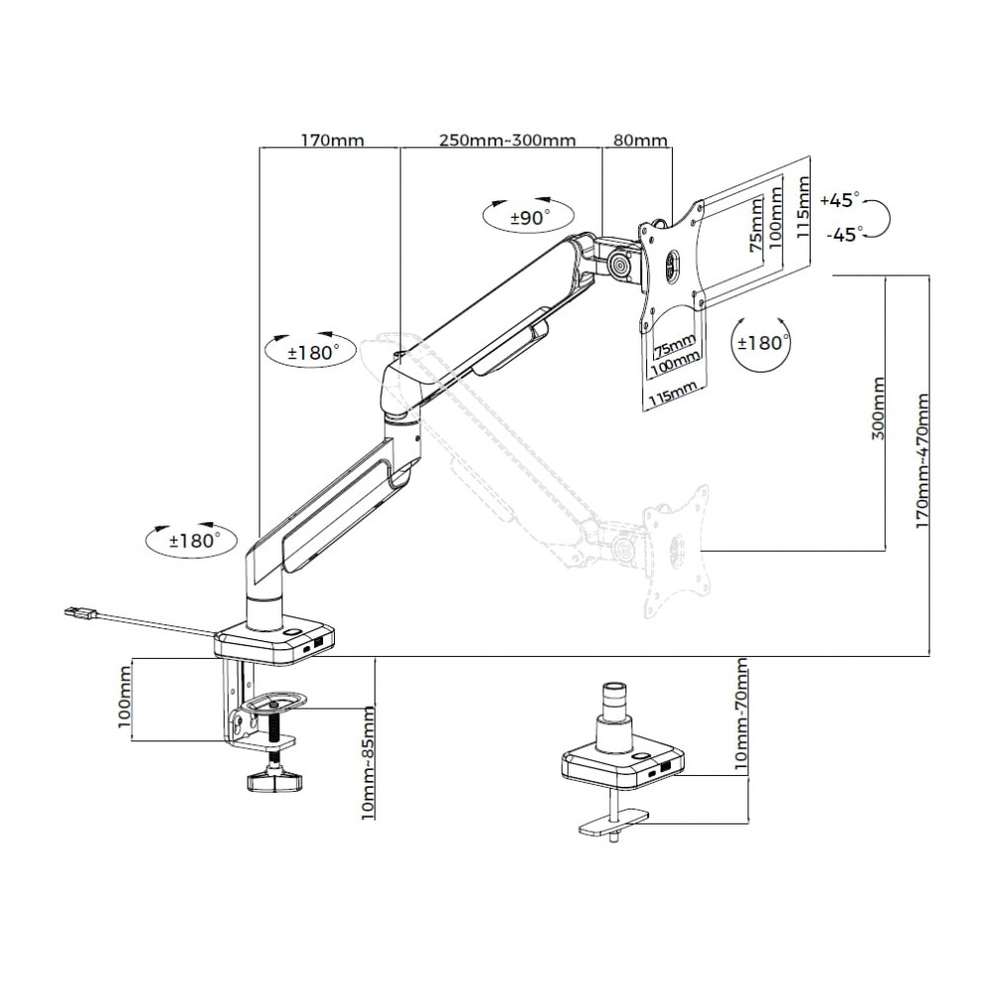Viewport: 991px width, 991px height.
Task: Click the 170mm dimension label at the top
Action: (x=331, y=140)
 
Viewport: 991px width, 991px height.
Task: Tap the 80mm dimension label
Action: (x=639, y=140)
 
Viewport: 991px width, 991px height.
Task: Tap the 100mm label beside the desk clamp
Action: (x=125, y=699)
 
